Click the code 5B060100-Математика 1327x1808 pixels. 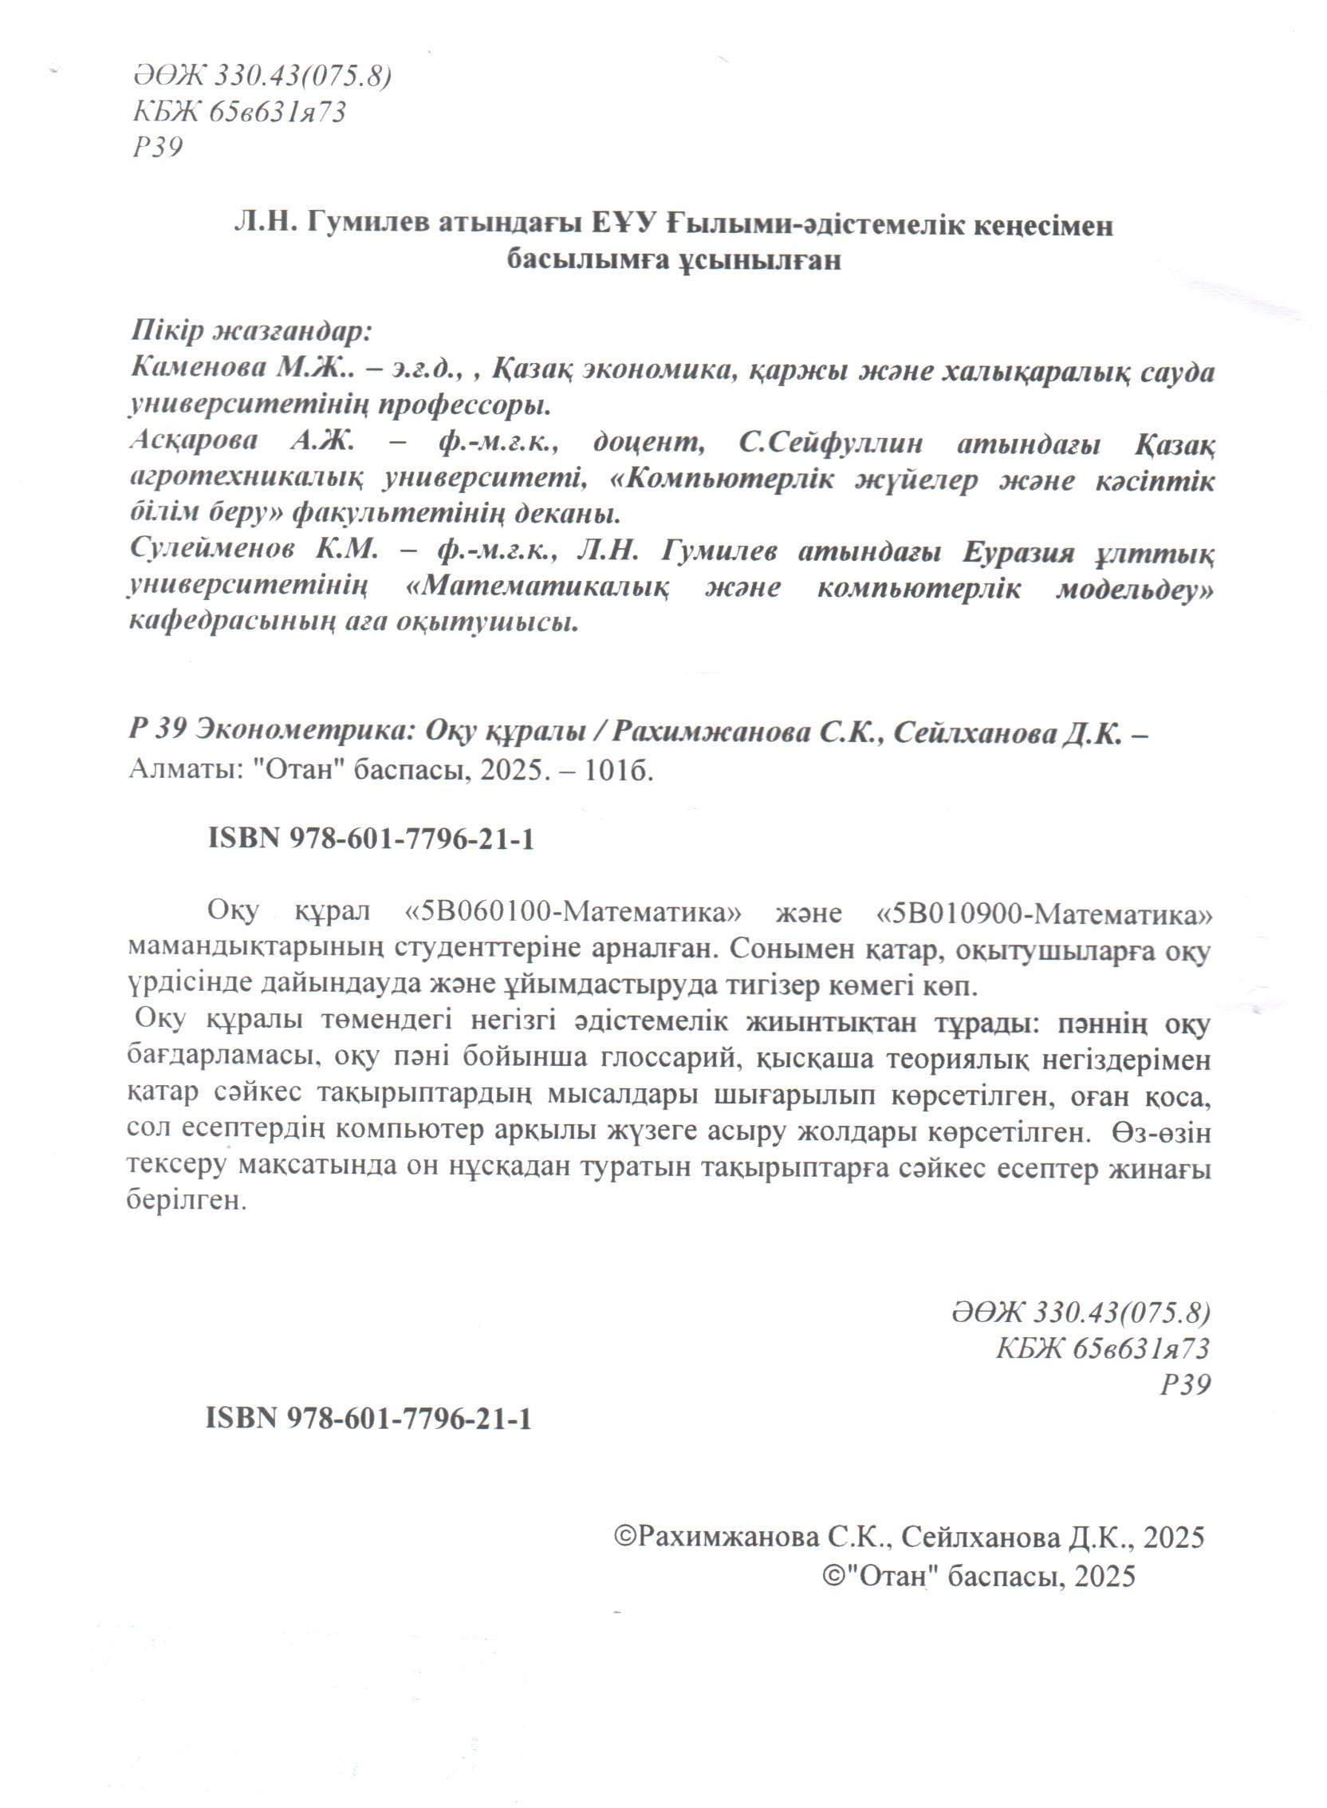573,914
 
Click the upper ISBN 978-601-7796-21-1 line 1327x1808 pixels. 371,839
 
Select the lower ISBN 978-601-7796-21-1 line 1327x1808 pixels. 368,1419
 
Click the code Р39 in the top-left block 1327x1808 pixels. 157,147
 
